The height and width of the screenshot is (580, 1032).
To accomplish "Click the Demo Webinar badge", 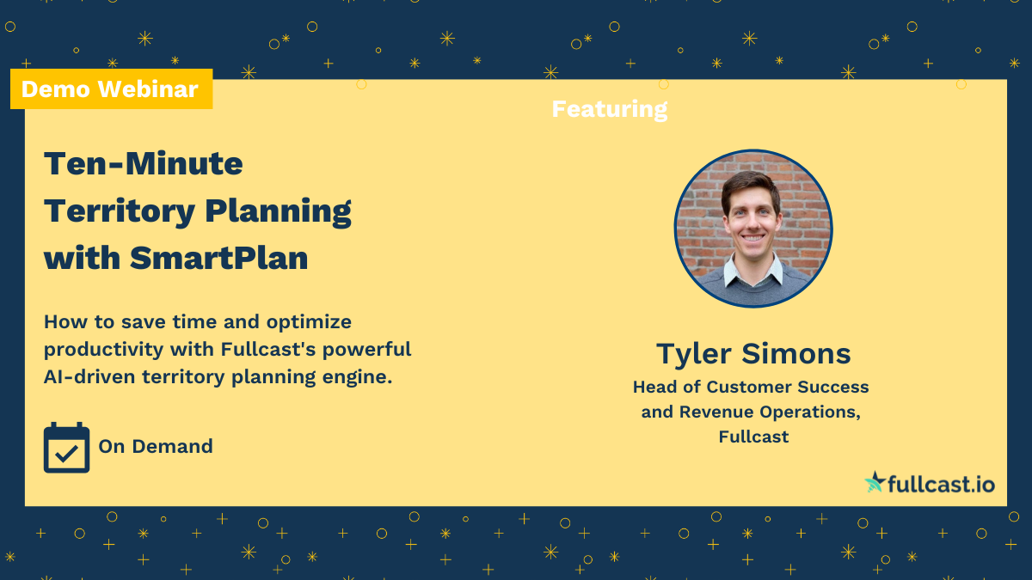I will pos(110,89).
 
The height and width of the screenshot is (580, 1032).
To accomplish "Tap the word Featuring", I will pos(609,109).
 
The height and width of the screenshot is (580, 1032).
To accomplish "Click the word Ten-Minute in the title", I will pos(144,163).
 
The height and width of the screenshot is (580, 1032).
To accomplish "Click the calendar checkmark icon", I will pos(66,448).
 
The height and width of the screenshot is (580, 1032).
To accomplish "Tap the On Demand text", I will pos(156,447).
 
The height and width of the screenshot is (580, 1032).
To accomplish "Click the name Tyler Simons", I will pos(753,353).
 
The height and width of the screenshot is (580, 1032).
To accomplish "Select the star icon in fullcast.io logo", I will pos(875,482).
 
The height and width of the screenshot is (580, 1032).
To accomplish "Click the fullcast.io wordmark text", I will pos(941,485).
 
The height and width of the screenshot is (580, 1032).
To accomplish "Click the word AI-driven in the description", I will pos(89,375).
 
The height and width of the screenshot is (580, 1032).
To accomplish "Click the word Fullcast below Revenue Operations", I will pos(753,437).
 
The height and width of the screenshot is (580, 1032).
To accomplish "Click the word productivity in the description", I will pos(102,349).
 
